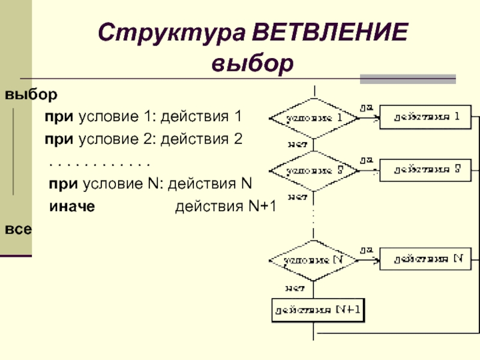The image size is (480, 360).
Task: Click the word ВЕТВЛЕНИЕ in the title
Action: tap(331, 34)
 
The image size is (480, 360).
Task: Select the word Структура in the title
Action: tap(172, 34)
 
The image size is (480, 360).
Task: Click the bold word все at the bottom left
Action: tap(19, 229)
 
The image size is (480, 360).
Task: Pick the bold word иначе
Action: tap(72, 207)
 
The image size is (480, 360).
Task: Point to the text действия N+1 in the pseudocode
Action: tap(225, 207)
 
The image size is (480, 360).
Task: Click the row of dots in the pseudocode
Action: tap(98, 163)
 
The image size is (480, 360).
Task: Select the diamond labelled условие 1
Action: tap(313, 118)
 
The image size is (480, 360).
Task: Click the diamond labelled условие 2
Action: tap(313, 170)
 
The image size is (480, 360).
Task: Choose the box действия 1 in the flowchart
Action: tap(426, 117)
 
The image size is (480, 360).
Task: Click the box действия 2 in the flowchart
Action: tap(426, 169)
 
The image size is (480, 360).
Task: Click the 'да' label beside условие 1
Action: tap(365, 107)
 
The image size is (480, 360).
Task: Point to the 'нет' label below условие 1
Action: tap(298, 144)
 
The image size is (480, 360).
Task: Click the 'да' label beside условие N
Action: tap(365, 248)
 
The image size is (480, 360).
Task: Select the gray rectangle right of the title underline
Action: tap(407, 79)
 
